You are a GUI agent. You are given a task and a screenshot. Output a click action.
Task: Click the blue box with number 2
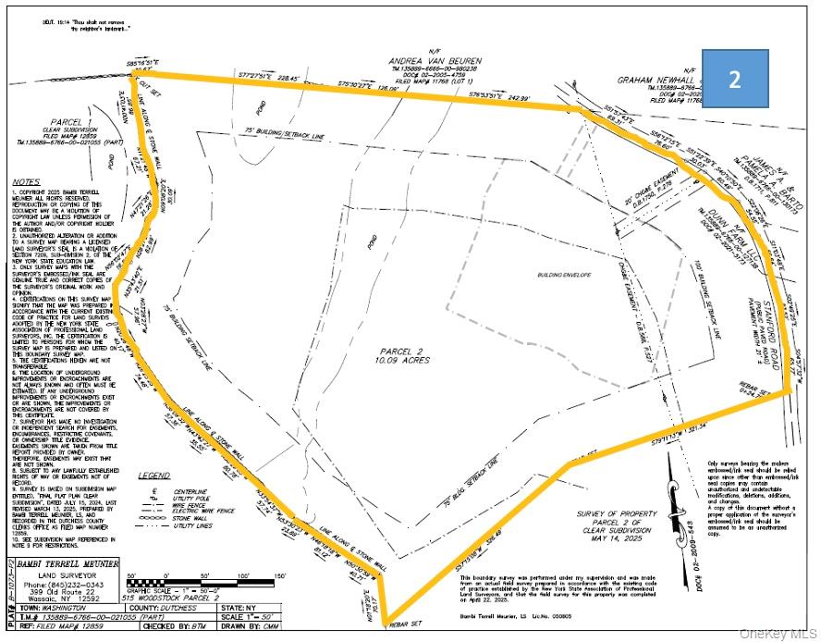pos(734,80)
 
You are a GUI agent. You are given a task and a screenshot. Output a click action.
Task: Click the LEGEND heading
pos(154,475)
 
